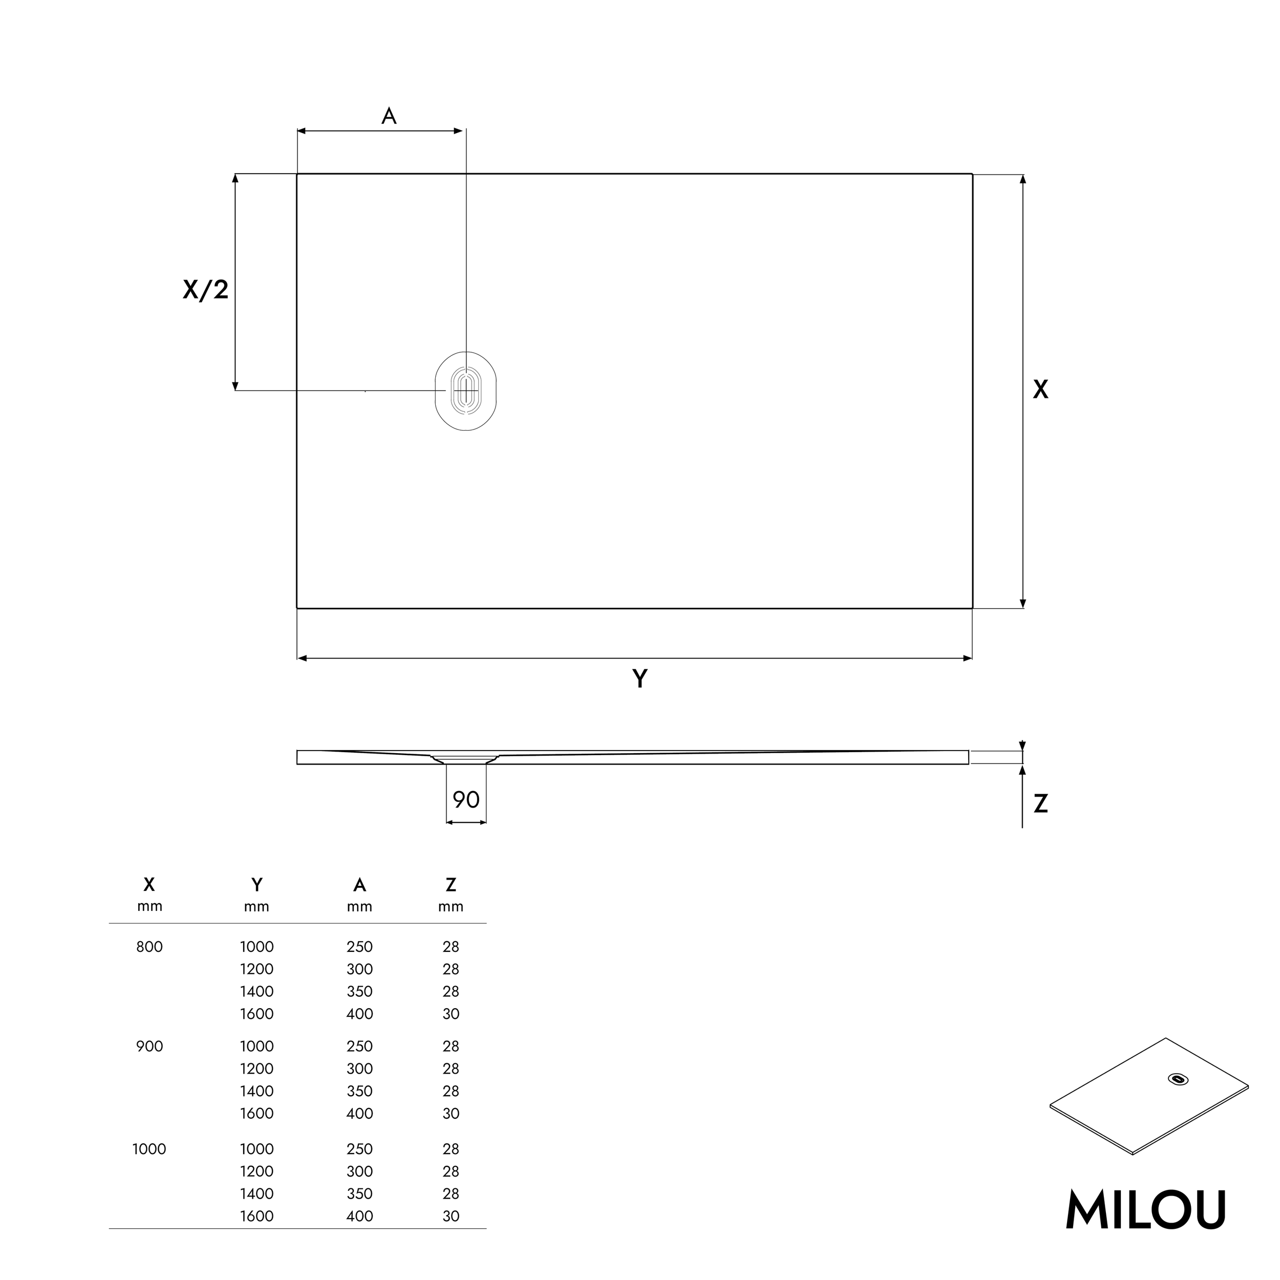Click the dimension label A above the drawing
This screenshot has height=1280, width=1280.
[389, 117]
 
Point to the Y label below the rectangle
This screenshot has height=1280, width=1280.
[639, 679]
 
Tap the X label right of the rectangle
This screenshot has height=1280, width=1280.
[1040, 390]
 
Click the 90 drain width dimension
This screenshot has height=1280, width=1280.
[466, 800]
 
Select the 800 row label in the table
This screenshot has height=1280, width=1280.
[149, 947]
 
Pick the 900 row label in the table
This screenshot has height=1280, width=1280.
[149, 1046]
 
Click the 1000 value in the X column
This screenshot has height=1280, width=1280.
[149, 1149]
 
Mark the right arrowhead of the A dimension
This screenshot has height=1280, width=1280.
[458, 131]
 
